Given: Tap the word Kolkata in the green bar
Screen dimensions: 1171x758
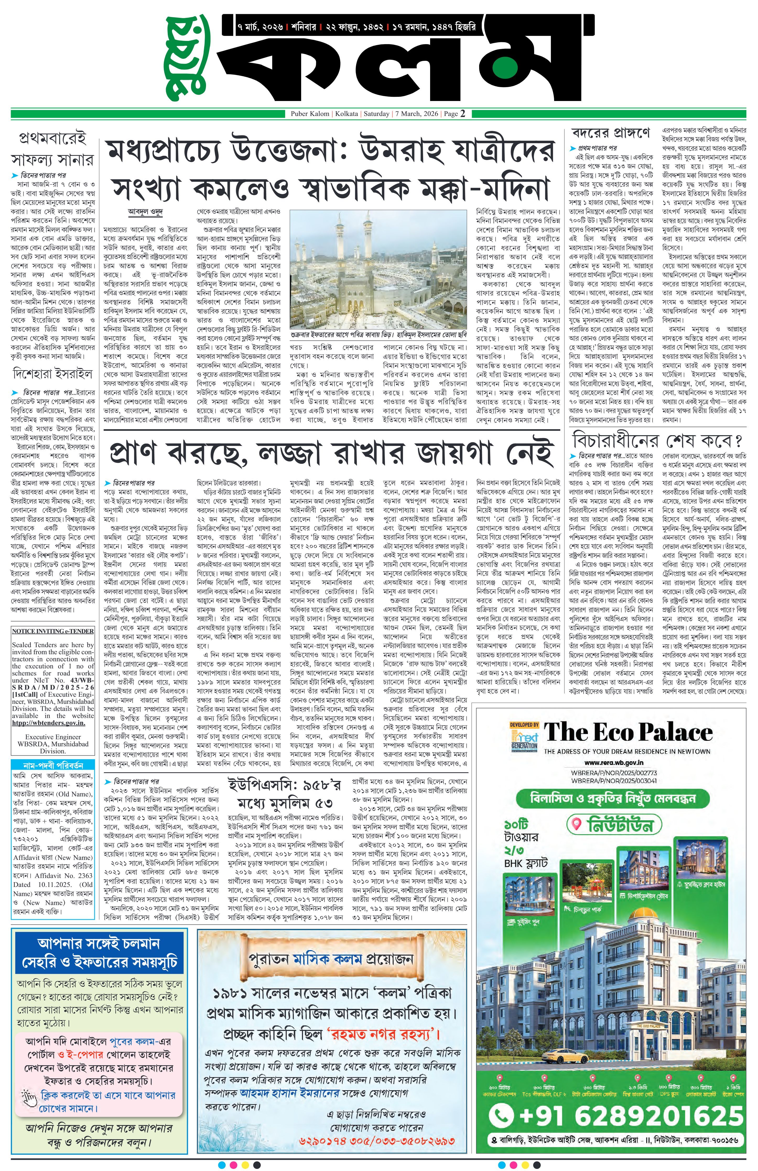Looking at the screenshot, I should pyautogui.click(x=346, y=114).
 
